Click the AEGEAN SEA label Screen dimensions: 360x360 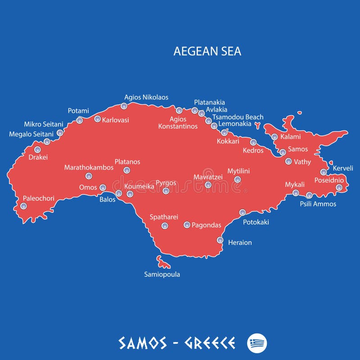coord(207,51)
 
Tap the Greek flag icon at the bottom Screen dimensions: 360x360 coord(257,343)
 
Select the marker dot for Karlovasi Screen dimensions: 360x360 coord(97,119)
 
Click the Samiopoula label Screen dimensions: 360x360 coord(162,274)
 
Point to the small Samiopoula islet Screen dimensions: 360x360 coord(161,261)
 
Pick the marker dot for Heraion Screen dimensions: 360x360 coord(220,240)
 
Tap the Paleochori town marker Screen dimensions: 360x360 coord(23,206)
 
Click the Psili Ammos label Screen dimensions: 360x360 coord(318,204)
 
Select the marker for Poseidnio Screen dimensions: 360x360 coord(339,187)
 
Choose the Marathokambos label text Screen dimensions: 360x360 coord(89,167)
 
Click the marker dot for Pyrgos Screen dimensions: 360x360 coord(166,191)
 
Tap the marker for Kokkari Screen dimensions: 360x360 coord(224,132)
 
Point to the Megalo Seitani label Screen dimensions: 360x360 coord(31,134)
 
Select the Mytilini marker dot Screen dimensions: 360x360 coord(238,180)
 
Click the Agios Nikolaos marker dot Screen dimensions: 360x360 coord(124,106)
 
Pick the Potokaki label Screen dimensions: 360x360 coord(256,222)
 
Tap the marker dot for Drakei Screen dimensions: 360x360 coord(37,149)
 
